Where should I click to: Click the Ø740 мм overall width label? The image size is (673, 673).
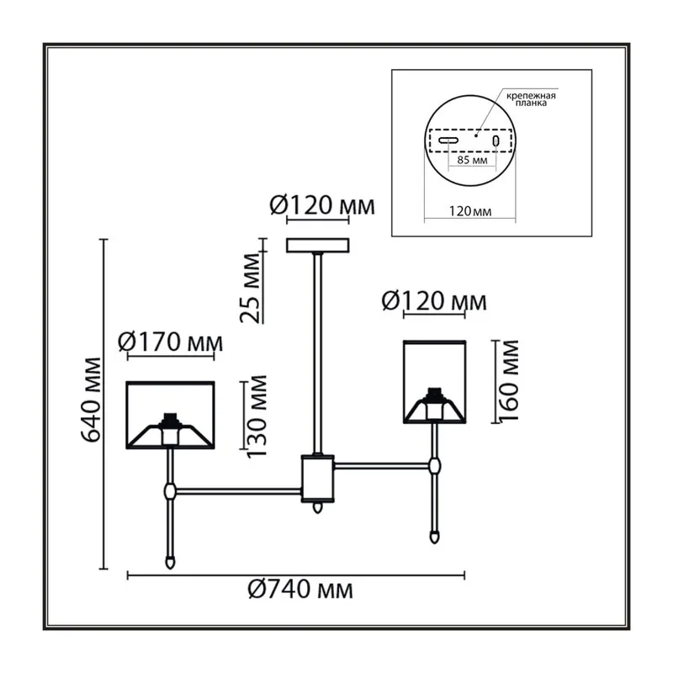tap(300, 591)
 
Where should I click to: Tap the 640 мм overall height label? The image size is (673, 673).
tap(92, 399)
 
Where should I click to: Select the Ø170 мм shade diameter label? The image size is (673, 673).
tap(171, 342)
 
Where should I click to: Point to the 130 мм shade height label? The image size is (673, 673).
tap(257, 416)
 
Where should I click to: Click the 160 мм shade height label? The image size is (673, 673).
tap(509, 380)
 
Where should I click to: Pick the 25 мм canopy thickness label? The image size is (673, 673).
tap(251, 288)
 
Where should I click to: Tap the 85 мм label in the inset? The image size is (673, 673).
tap(472, 160)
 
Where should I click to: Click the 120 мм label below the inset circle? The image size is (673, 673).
tap(470, 211)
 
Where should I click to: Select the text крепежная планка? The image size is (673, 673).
tap(531, 99)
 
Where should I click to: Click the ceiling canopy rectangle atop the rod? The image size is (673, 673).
tap(318, 246)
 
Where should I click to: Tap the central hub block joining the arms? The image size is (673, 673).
tap(318, 479)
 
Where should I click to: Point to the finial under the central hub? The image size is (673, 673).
tap(318, 508)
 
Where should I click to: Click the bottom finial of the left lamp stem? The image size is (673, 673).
tap(171, 562)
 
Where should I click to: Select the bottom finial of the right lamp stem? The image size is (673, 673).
tap(434, 537)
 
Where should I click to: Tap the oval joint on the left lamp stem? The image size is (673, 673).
tap(171, 490)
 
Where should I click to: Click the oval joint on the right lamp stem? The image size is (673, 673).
tap(434, 465)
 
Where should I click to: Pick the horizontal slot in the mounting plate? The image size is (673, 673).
tap(448, 140)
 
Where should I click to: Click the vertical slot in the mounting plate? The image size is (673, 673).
tap(496, 140)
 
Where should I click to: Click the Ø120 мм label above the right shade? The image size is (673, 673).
tap(434, 301)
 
